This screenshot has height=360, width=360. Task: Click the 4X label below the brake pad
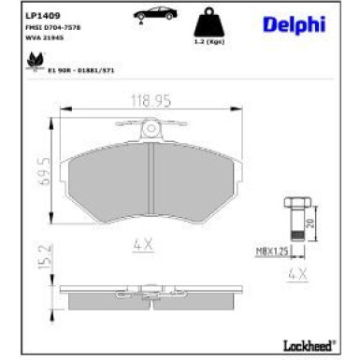tap(143, 244)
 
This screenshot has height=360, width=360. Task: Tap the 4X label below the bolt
tap(298, 274)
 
